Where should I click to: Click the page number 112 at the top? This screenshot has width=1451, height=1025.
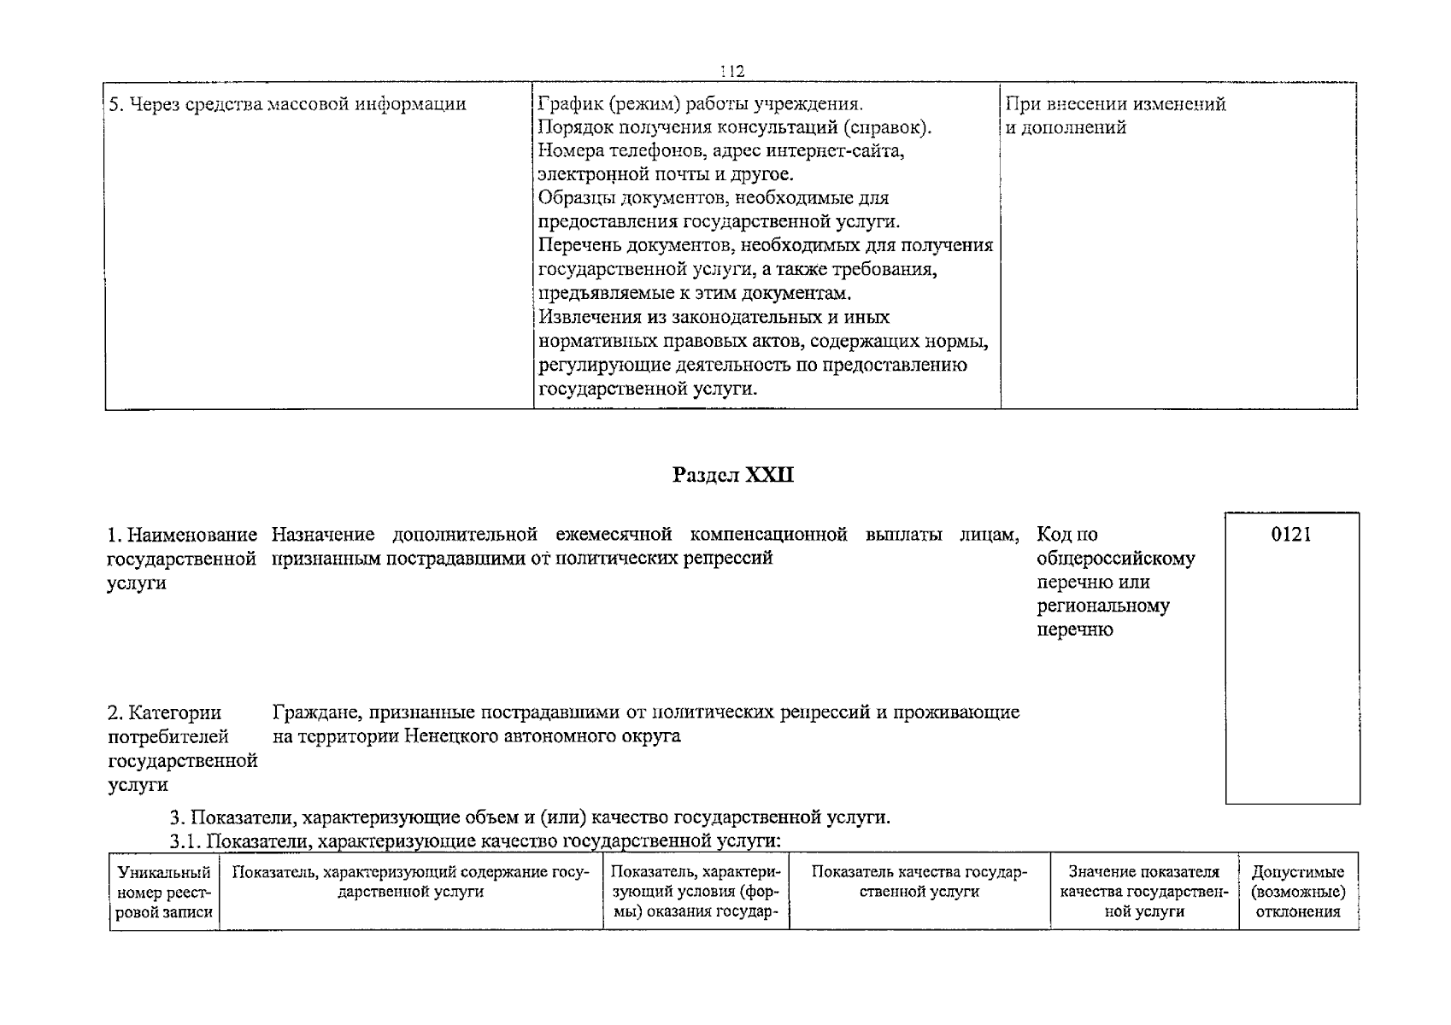pos(731,71)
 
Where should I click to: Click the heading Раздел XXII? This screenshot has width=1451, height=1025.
pos(733,475)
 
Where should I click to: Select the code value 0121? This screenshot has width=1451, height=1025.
pos(1291,535)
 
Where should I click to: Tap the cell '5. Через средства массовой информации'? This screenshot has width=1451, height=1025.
pos(286,104)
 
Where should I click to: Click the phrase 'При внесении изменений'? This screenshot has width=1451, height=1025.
pos(1115,104)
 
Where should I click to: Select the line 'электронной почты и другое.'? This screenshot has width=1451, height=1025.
pos(666,174)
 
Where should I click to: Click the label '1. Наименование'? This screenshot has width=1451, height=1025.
pos(182,535)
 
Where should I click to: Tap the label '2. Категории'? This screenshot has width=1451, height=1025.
pos(164,712)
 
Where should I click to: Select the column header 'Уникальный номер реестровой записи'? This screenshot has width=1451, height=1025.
pos(164,892)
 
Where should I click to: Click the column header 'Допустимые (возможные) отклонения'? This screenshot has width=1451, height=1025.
pos(1298,892)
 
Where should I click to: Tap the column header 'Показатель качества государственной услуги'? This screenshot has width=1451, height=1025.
pos(919,881)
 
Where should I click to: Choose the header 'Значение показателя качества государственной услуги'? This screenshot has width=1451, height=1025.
pos(1144,892)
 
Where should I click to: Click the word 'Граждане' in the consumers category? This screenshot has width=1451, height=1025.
pos(309,712)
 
